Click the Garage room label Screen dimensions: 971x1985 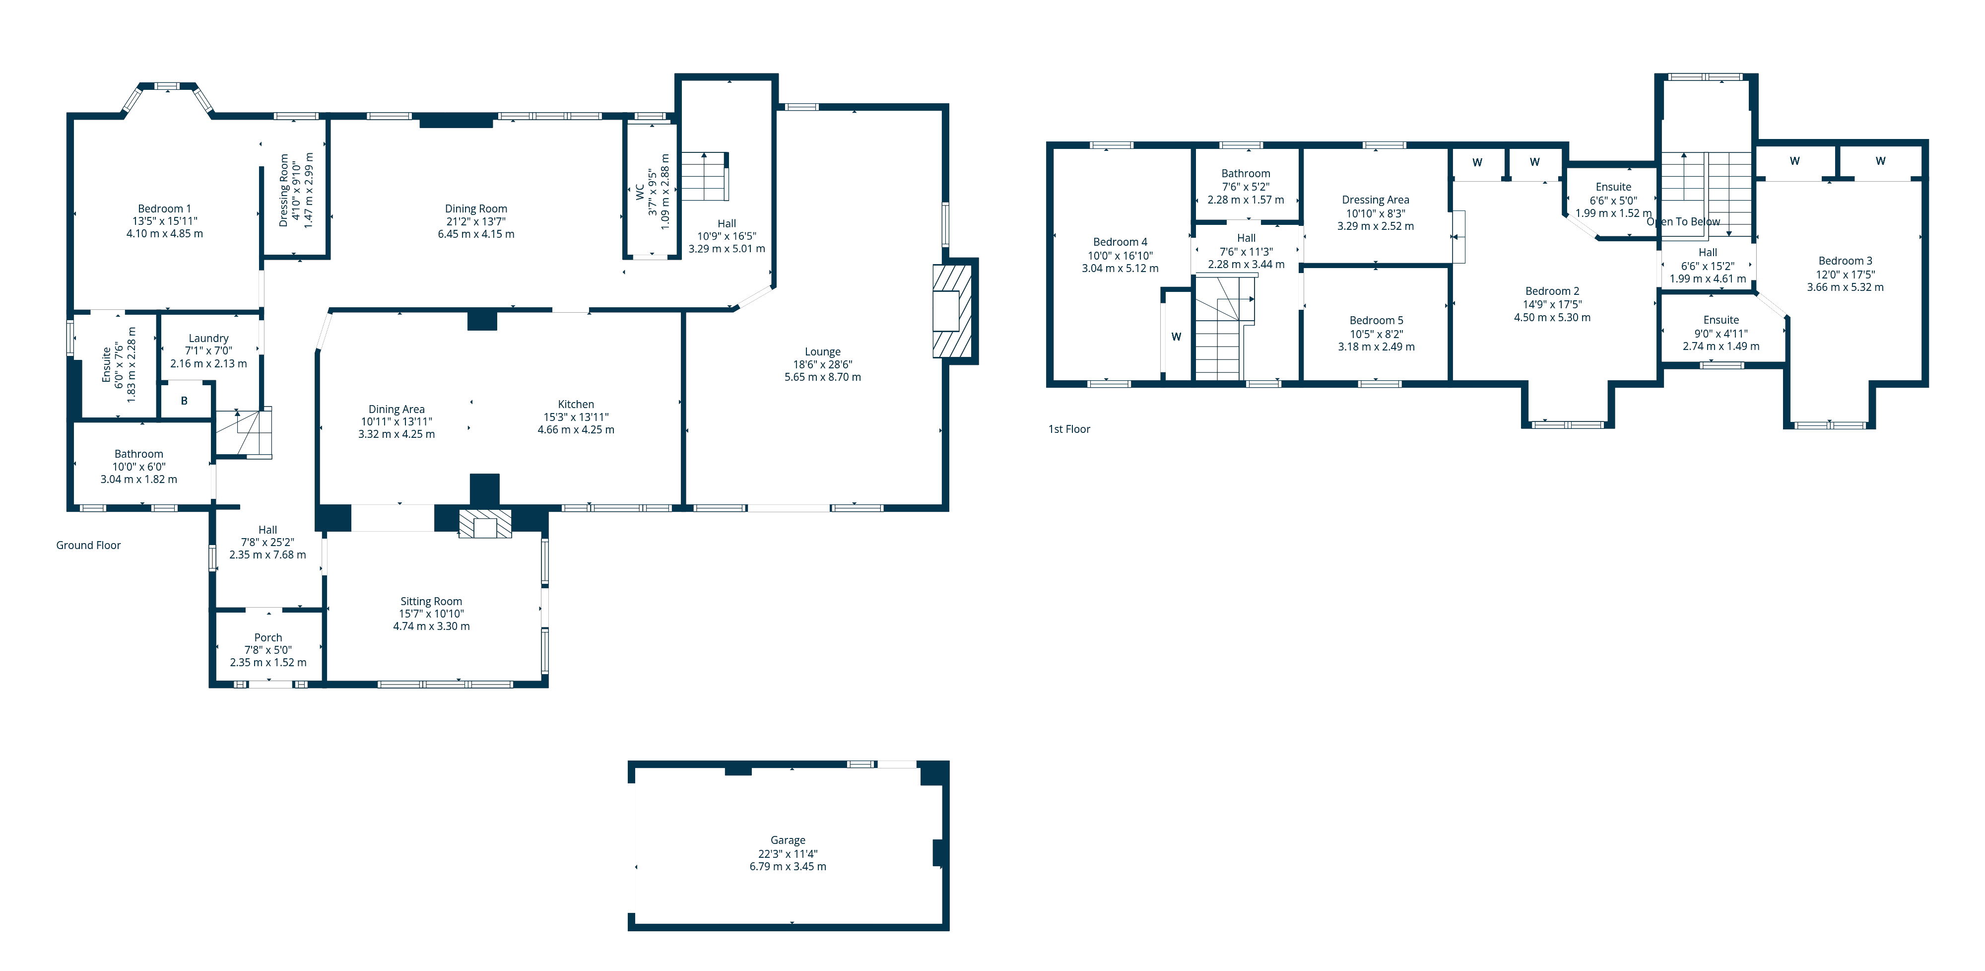click(788, 840)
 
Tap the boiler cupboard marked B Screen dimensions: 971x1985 click(184, 401)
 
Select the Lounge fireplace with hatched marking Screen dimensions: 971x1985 click(952, 311)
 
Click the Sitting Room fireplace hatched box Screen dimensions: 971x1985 click(485, 524)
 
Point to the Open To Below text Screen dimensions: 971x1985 click(1683, 222)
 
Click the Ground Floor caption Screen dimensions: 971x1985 click(88, 546)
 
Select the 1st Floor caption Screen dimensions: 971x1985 click(1069, 429)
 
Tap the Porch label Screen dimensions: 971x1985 click(267, 637)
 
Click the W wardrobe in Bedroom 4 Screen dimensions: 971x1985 click(1176, 337)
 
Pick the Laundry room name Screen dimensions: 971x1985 click(208, 338)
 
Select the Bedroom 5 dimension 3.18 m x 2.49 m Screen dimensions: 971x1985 click(1376, 347)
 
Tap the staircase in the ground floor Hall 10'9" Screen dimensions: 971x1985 click(704, 177)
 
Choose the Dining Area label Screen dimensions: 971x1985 click(396, 409)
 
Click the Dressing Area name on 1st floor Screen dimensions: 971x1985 click(1376, 200)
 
